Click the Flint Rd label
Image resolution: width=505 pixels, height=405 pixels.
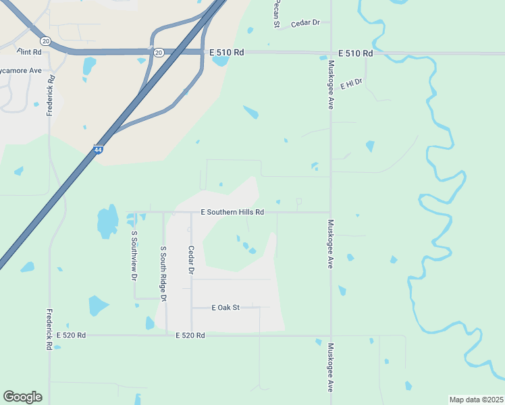coord(29,52)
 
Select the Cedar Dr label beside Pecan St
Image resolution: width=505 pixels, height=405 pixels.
coord(305,23)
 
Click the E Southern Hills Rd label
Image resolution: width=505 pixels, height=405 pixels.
coord(232,212)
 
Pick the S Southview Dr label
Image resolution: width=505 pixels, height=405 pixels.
coord(134,256)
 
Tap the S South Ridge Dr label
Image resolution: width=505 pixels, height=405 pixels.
coord(163,273)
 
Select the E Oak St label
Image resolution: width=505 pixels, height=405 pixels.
coord(225,308)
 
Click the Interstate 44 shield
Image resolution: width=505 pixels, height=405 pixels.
coord(98,150)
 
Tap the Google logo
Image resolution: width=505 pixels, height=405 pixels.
coord(22,397)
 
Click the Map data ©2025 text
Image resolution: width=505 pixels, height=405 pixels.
coord(476,400)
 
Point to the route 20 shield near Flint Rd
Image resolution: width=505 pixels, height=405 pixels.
coord(45,41)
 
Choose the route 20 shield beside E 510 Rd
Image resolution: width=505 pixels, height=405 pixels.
coord(158,52)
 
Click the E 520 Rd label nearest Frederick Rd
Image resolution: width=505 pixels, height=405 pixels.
coord(71,335)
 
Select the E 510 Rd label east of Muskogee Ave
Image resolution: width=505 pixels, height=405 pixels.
coord(355,53)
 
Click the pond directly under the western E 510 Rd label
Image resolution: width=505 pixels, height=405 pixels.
coord(220,61)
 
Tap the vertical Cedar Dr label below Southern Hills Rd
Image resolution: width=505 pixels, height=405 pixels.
coord(191,260)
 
